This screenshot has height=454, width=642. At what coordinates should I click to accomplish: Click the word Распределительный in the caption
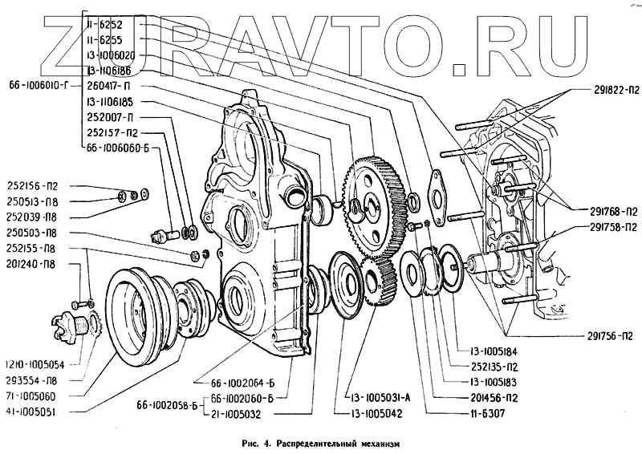323,443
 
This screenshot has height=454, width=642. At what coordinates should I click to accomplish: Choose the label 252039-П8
35,217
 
